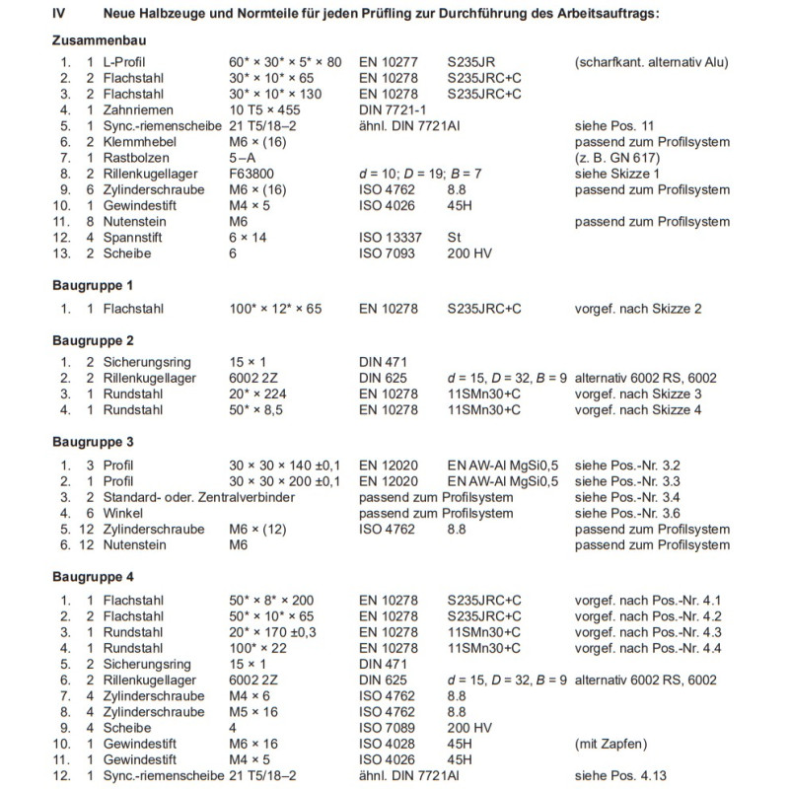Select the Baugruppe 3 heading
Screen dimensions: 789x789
coord(94,443)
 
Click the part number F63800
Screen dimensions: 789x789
coord(252,174)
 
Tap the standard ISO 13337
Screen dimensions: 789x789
coord(390,237)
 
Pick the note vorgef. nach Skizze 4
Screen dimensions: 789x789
coord(637,409)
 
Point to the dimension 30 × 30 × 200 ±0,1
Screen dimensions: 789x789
coord(285,481)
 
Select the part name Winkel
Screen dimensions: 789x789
coord(123,513)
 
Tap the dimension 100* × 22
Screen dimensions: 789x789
coord(258,648)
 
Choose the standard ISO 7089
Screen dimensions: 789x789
coord(385,727)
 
